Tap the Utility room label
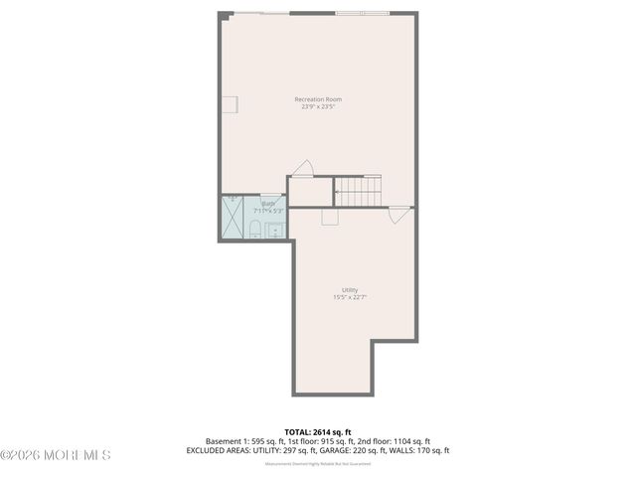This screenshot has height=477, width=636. (350, 290)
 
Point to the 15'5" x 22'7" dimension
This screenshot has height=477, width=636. (350, 298)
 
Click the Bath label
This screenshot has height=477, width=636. (268, 203)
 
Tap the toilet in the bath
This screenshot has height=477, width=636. (255, 232)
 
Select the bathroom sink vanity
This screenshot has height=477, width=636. (275, 232)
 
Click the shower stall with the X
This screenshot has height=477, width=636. (233, 219)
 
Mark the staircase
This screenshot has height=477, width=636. (358, 190)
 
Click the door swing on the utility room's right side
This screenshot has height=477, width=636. (398, 213)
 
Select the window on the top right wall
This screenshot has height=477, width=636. (363, 13)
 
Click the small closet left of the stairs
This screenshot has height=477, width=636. (309, 192)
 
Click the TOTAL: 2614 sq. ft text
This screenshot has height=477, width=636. (317, 431)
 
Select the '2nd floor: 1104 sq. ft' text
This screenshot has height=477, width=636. (391, 440)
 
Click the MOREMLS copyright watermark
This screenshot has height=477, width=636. (56, 455)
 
